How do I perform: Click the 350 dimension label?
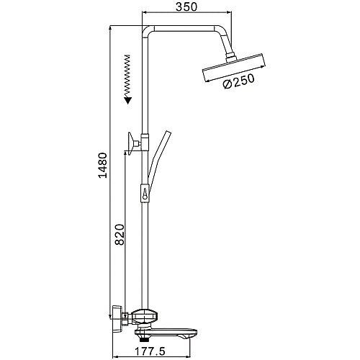(x=186, y=6)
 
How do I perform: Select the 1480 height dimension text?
(x=103, y=165)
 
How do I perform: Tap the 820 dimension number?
(x=120, y=235)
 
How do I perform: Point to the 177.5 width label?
(x=150, y=352)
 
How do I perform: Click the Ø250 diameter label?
(x=238, y=81)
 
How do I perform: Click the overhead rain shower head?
(x=235, y=68)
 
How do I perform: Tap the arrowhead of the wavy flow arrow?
(x=127, y=100)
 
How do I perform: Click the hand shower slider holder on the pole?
(x=145, y=194)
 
